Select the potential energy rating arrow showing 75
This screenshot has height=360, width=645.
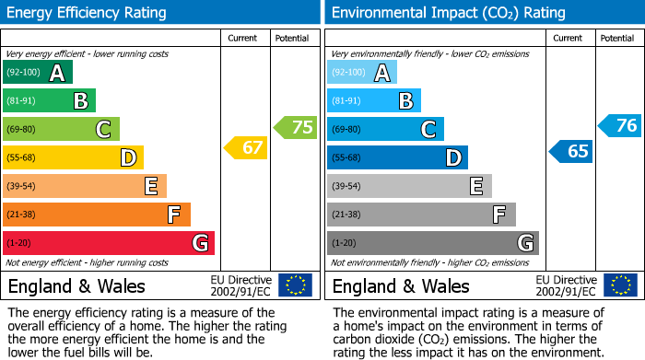(296, 127)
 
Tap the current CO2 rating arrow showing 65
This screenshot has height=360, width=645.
(571, 151)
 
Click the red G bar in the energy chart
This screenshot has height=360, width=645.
(109, 243)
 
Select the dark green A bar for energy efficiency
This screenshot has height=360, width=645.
(38, 73)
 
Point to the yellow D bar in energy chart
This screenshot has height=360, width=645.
(73, 157)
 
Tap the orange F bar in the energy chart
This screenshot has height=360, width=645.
(97, 215)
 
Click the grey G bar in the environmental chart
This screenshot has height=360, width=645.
(433, 243)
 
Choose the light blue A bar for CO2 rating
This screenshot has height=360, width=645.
(362, 73)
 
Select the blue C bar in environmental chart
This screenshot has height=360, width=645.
(385, 129)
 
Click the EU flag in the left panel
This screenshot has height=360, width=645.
(295, 285)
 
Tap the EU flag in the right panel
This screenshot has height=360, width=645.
(620, 285)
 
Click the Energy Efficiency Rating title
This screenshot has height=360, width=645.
(88, 13)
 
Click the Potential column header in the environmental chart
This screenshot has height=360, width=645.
(616, 38)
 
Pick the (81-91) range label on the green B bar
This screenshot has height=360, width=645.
(23, 101)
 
